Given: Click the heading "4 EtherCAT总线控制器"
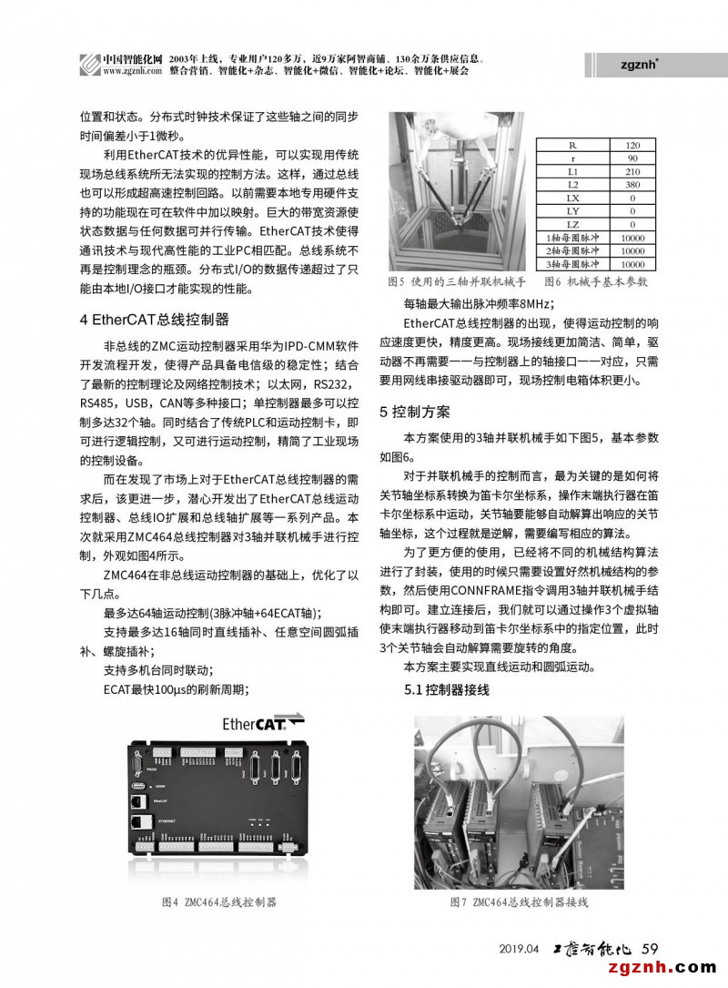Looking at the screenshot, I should click(x=153, y=320).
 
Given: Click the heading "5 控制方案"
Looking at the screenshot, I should click(x=414, y=412).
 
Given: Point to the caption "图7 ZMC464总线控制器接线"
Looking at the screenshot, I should click(x=519, y=901).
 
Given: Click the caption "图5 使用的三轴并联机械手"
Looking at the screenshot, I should click(x=458, y=282).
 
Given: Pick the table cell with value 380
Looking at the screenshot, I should click(x=632, y=184).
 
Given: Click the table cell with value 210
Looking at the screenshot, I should click(x=632, y=171).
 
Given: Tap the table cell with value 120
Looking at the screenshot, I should click(x=632, y=145).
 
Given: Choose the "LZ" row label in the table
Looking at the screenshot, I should click(x=572, y=223).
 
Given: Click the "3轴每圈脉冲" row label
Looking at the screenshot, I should click(x=572, y=262).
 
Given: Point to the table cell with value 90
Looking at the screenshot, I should click(x=632, y=158).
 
